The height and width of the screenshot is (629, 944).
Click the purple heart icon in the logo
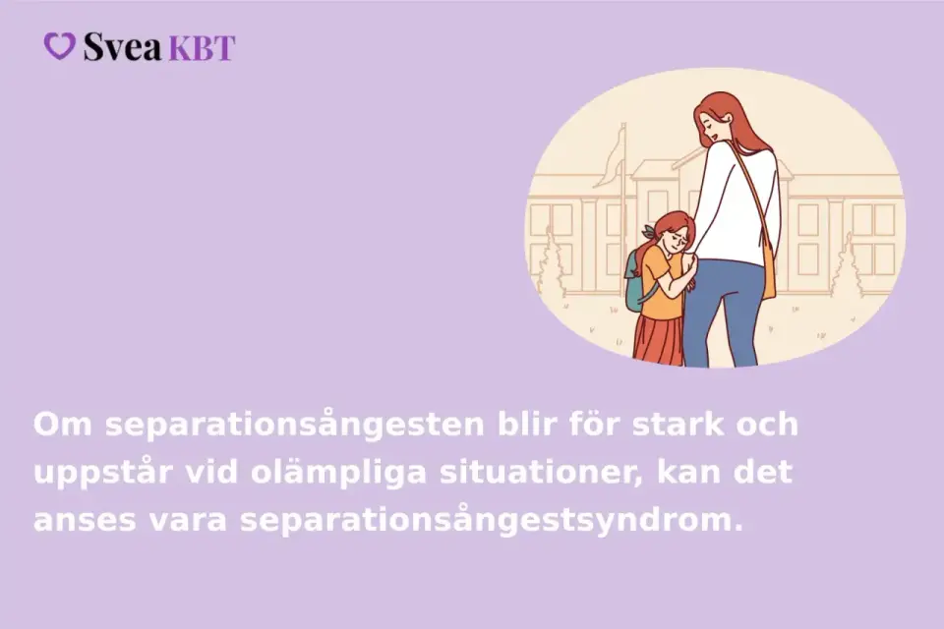pos(60,46)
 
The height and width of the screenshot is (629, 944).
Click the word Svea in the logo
pos(123,46)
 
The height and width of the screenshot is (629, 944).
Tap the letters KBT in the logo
pos(202,48)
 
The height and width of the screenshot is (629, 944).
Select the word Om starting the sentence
pos(63,425)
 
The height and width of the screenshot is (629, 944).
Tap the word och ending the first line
pos(768,424)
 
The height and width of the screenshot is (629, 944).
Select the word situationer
pos(541,473)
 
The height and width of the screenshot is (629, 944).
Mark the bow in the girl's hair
pos(649,231)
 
